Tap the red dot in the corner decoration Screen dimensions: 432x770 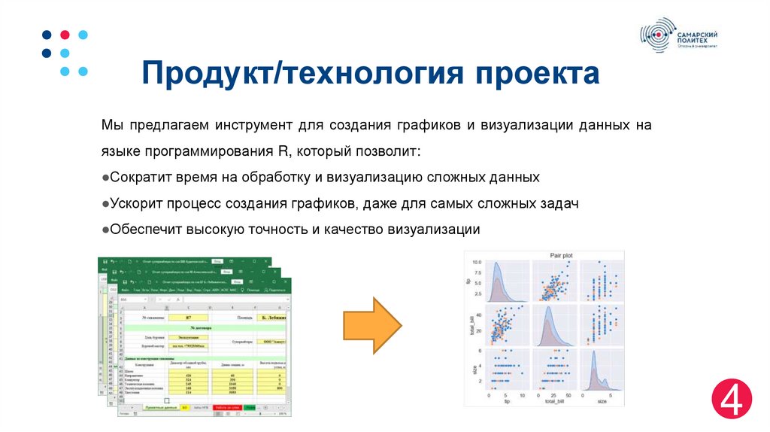point(65,35)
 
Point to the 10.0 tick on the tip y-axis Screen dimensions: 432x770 point(477,263)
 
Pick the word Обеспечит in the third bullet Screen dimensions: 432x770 point(141,230)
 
